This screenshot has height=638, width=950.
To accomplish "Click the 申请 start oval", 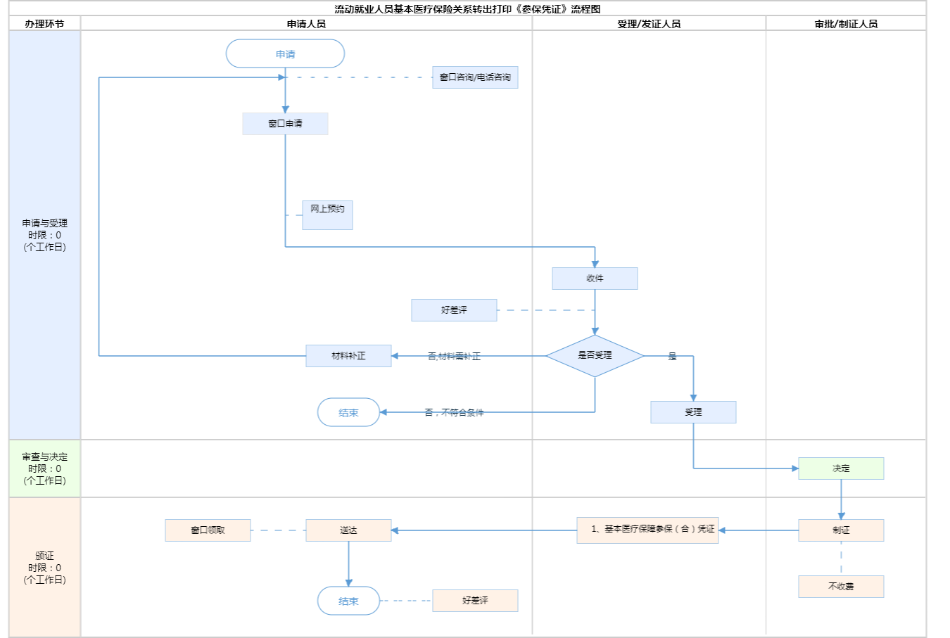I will click(285, 53).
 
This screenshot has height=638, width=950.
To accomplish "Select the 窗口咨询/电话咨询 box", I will click(475, 77).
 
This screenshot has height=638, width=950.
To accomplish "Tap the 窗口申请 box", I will click(285, 124).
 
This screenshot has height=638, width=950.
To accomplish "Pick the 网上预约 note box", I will click(327, 215).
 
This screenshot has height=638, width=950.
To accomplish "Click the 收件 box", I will click(595, 279).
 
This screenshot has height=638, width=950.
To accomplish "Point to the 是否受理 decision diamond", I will click(595, 355).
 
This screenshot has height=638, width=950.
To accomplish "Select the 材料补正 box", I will click(348, 356).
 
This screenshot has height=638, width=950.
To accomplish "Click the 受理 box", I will click(693, 412).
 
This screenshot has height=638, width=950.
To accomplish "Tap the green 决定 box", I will click(841, 468).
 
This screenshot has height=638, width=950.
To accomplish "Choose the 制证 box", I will click(841, 530).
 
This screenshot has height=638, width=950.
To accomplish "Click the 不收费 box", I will click(841, 587).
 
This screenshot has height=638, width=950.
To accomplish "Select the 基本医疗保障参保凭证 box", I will click(647, 530).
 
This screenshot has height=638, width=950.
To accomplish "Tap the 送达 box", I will click(348, 530).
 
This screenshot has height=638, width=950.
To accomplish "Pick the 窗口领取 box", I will click(208, 530).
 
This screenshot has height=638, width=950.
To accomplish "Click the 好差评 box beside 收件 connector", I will click(454, 310).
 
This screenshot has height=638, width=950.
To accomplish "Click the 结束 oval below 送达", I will click(348, 601).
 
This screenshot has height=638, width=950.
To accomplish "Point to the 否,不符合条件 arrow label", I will click(454, 412).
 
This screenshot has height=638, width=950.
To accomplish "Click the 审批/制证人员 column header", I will click(846, 24).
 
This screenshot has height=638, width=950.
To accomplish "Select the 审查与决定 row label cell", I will click(44, 468).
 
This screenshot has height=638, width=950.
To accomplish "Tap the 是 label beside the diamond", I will click(672, 357).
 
